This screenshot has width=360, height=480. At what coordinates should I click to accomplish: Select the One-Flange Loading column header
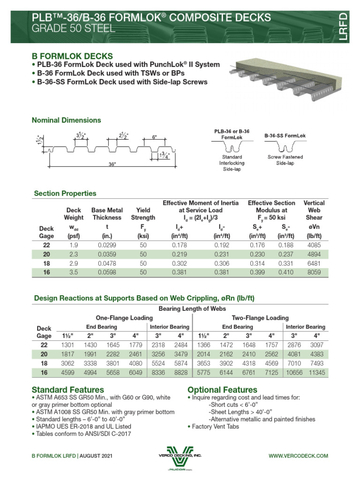click(x=124, y=317)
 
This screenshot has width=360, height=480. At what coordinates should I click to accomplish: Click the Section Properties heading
click(x=65, y=193)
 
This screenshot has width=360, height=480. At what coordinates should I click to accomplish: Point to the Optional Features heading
click(x=222, y=390)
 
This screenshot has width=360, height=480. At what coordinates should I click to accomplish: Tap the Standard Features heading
click(x=67, y=390)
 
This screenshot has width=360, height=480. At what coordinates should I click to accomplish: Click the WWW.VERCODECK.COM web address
click(x=298, y=456)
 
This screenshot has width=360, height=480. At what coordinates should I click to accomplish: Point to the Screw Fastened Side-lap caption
click(x=285, y=160)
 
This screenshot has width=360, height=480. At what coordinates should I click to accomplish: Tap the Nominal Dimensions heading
click(x=66, y=120)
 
